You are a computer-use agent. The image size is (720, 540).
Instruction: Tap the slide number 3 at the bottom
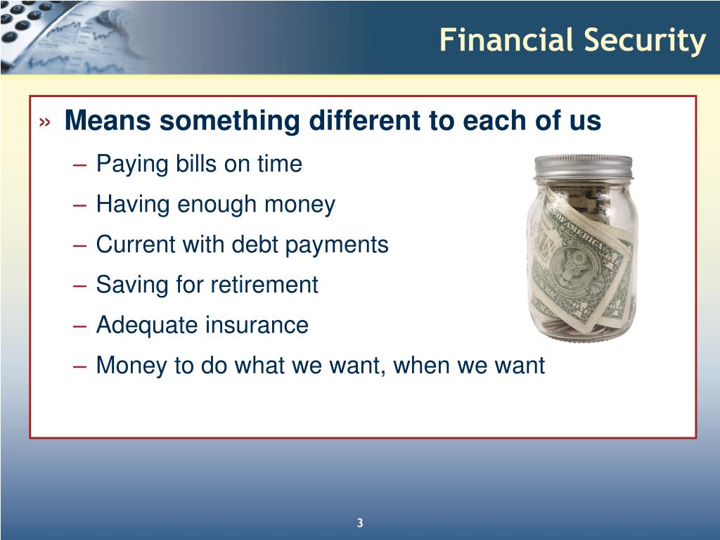point(359,522)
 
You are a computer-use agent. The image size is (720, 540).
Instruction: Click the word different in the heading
point(365,122)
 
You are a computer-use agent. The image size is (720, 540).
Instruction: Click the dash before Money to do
point(80,366)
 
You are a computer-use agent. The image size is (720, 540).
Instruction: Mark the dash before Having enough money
point(80,205)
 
